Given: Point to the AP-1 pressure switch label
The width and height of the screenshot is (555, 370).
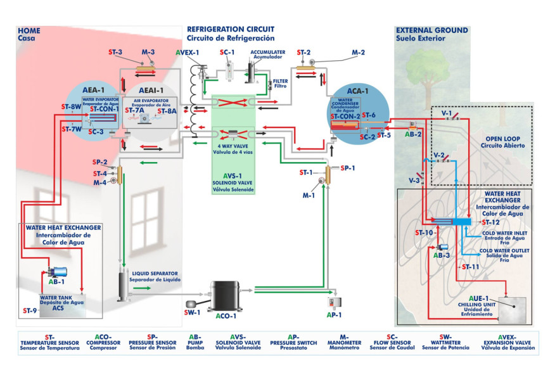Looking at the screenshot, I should click(x=334, y=314).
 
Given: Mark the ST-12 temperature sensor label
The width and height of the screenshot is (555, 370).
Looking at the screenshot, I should click(x=490, y=222).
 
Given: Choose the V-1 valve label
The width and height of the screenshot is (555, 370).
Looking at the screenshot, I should click(x=446, y=113).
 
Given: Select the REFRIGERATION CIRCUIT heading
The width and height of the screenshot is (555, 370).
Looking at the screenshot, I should click(x=231, y=29).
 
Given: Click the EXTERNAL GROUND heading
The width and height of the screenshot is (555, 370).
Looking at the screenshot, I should click(x=431, y=30).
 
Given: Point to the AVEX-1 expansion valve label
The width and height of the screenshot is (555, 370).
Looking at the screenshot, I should click(x=188, y=53).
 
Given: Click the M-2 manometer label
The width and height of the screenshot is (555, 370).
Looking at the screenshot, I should click(x=359, y=53).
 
